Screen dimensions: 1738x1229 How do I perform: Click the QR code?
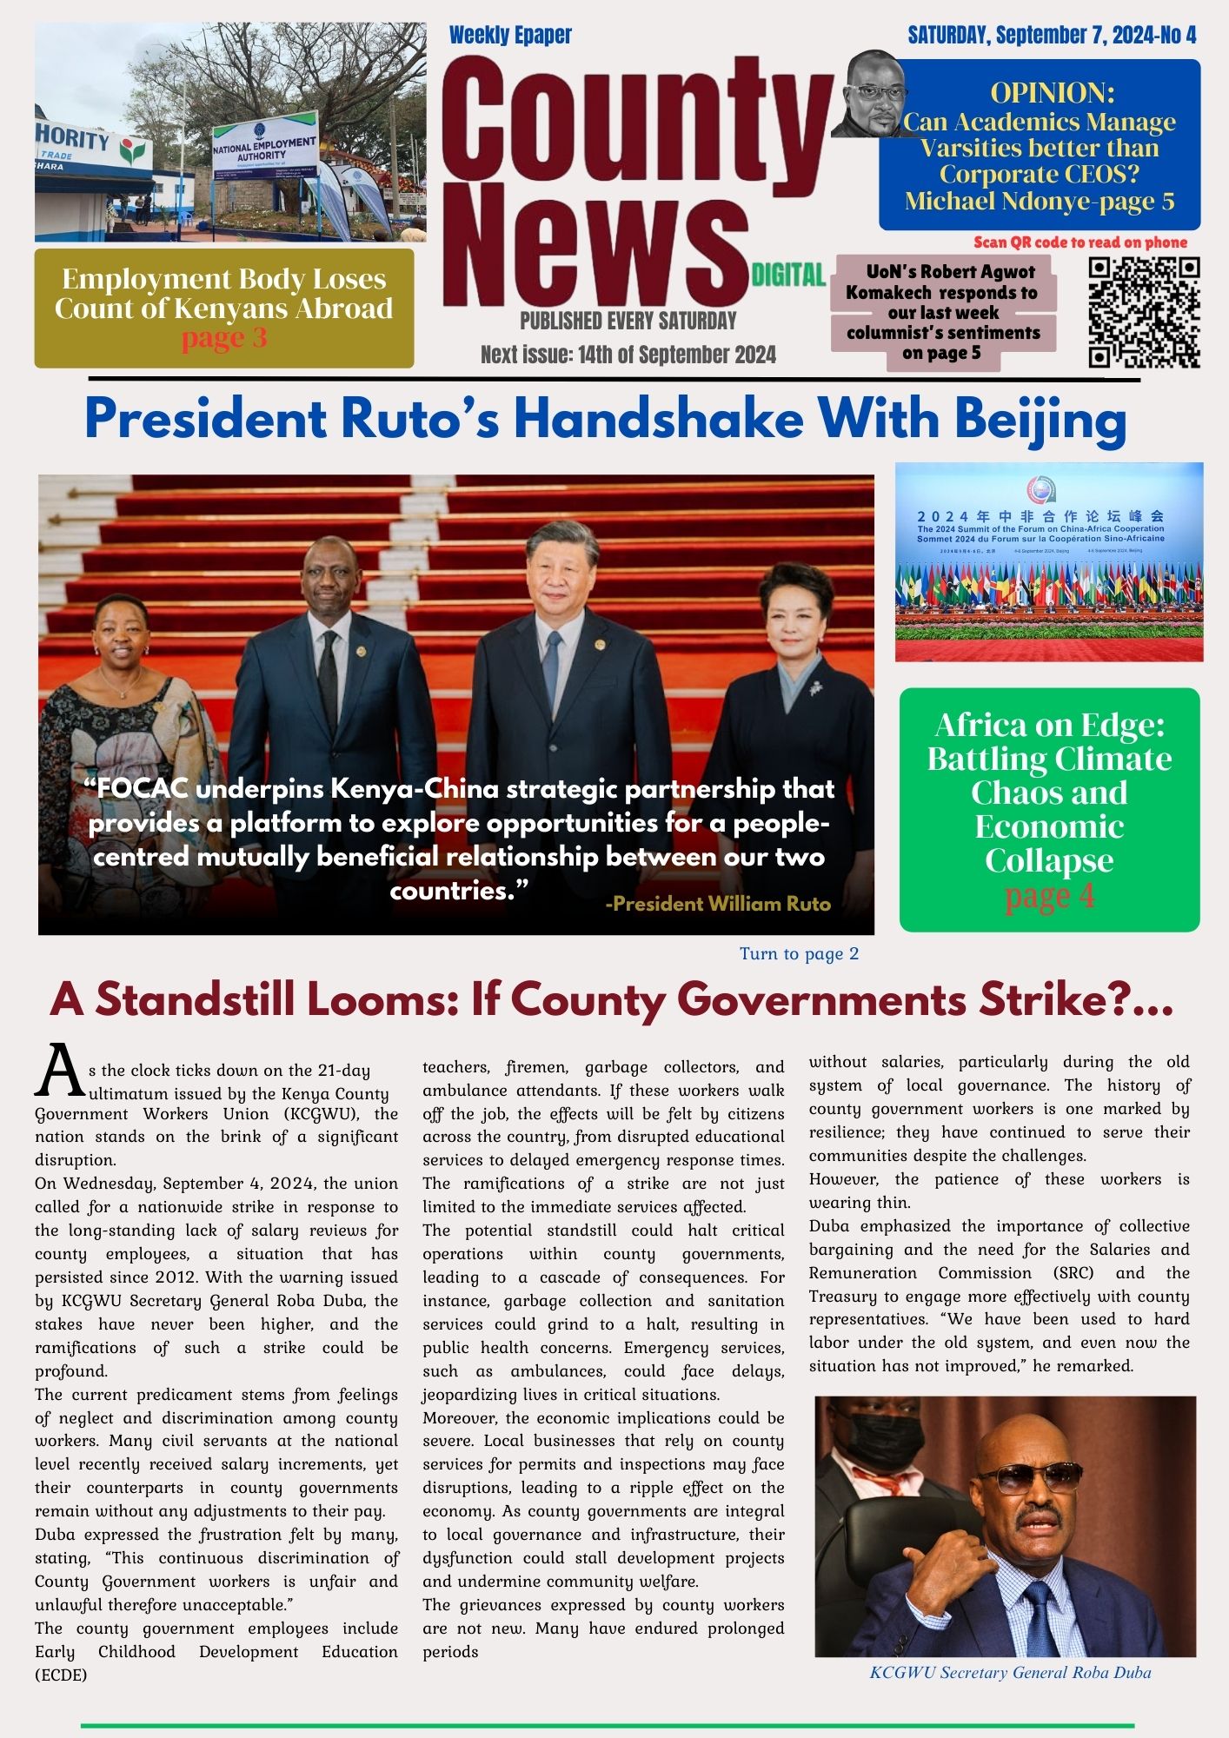pyautogui.click(x=1144, y=313)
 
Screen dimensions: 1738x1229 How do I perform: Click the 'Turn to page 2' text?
pyautogui.click(x=799, y=953)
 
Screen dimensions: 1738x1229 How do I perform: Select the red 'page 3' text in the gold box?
pyautogui.click(x=223, y=338)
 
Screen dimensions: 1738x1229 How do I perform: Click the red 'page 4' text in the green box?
pyautogui.click(x=1049, y=896)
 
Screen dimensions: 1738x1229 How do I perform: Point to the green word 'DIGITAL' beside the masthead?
pyautogui.click(x=787, y=275)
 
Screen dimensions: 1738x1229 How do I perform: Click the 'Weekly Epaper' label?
pyautogui.click(x=510, y=36)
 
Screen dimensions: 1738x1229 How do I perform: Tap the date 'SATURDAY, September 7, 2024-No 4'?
pyautogui.click(x=1052, y=35)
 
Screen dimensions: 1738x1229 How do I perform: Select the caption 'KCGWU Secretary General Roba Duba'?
pyautogui.click(x=1010, y=1672)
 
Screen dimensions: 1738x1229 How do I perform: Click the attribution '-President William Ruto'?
pyautogui.click(x=717, y=904)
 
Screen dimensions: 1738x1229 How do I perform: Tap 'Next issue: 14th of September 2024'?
pyautogui.click(x=628, y=355)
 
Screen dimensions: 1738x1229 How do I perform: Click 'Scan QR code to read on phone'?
pyautogui.click(x=1080, y=242)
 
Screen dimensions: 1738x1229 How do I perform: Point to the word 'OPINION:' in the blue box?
pyautogui.click(x=1052, y=93)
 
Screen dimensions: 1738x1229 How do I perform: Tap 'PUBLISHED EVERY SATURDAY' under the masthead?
pyautogui.click(x=628, y=321)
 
